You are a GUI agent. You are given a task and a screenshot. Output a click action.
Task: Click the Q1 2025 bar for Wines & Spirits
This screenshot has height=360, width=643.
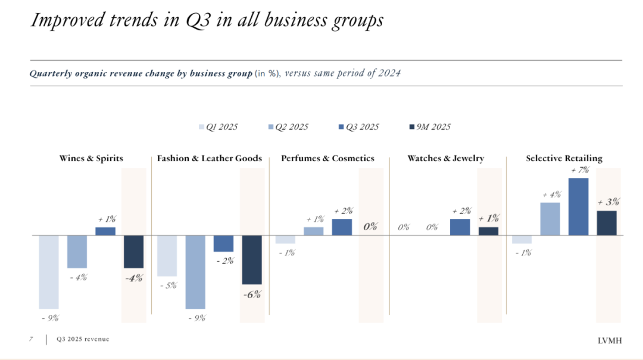tap(49, 271)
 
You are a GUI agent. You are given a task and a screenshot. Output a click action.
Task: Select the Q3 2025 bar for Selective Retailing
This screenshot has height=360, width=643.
tap(578, 206)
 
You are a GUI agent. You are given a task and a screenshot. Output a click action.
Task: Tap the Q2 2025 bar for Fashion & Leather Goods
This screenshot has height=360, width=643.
tap(195, 271)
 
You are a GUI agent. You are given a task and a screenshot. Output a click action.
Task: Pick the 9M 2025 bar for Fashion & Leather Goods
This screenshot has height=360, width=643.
tap(252, 259)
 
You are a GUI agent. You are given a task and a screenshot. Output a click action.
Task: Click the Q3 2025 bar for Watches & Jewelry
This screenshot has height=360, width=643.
tap(460, 227)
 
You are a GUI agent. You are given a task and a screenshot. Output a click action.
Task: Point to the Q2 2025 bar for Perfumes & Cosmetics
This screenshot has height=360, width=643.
tap(314, 231)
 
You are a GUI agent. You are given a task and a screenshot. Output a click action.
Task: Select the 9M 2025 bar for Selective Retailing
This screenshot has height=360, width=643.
tap(606, 223)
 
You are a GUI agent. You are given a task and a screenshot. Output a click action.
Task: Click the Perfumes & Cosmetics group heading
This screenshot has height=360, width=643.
tap(327, 158)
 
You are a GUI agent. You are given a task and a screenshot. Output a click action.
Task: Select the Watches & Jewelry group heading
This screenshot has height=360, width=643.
tap(445, 158)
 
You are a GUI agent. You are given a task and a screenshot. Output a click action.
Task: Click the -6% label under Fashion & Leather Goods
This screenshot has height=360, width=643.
tap(252, 294)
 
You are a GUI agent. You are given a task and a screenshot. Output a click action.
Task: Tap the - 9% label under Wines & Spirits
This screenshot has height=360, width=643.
tap(50, 318)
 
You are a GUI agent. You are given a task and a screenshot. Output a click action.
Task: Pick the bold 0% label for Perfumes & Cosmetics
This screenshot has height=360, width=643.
tap(370, 226)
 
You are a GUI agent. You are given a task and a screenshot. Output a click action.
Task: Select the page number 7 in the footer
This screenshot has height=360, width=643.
tap(31, 339)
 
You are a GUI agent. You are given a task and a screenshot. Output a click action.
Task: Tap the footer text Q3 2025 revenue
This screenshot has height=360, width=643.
tap(83, 339)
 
